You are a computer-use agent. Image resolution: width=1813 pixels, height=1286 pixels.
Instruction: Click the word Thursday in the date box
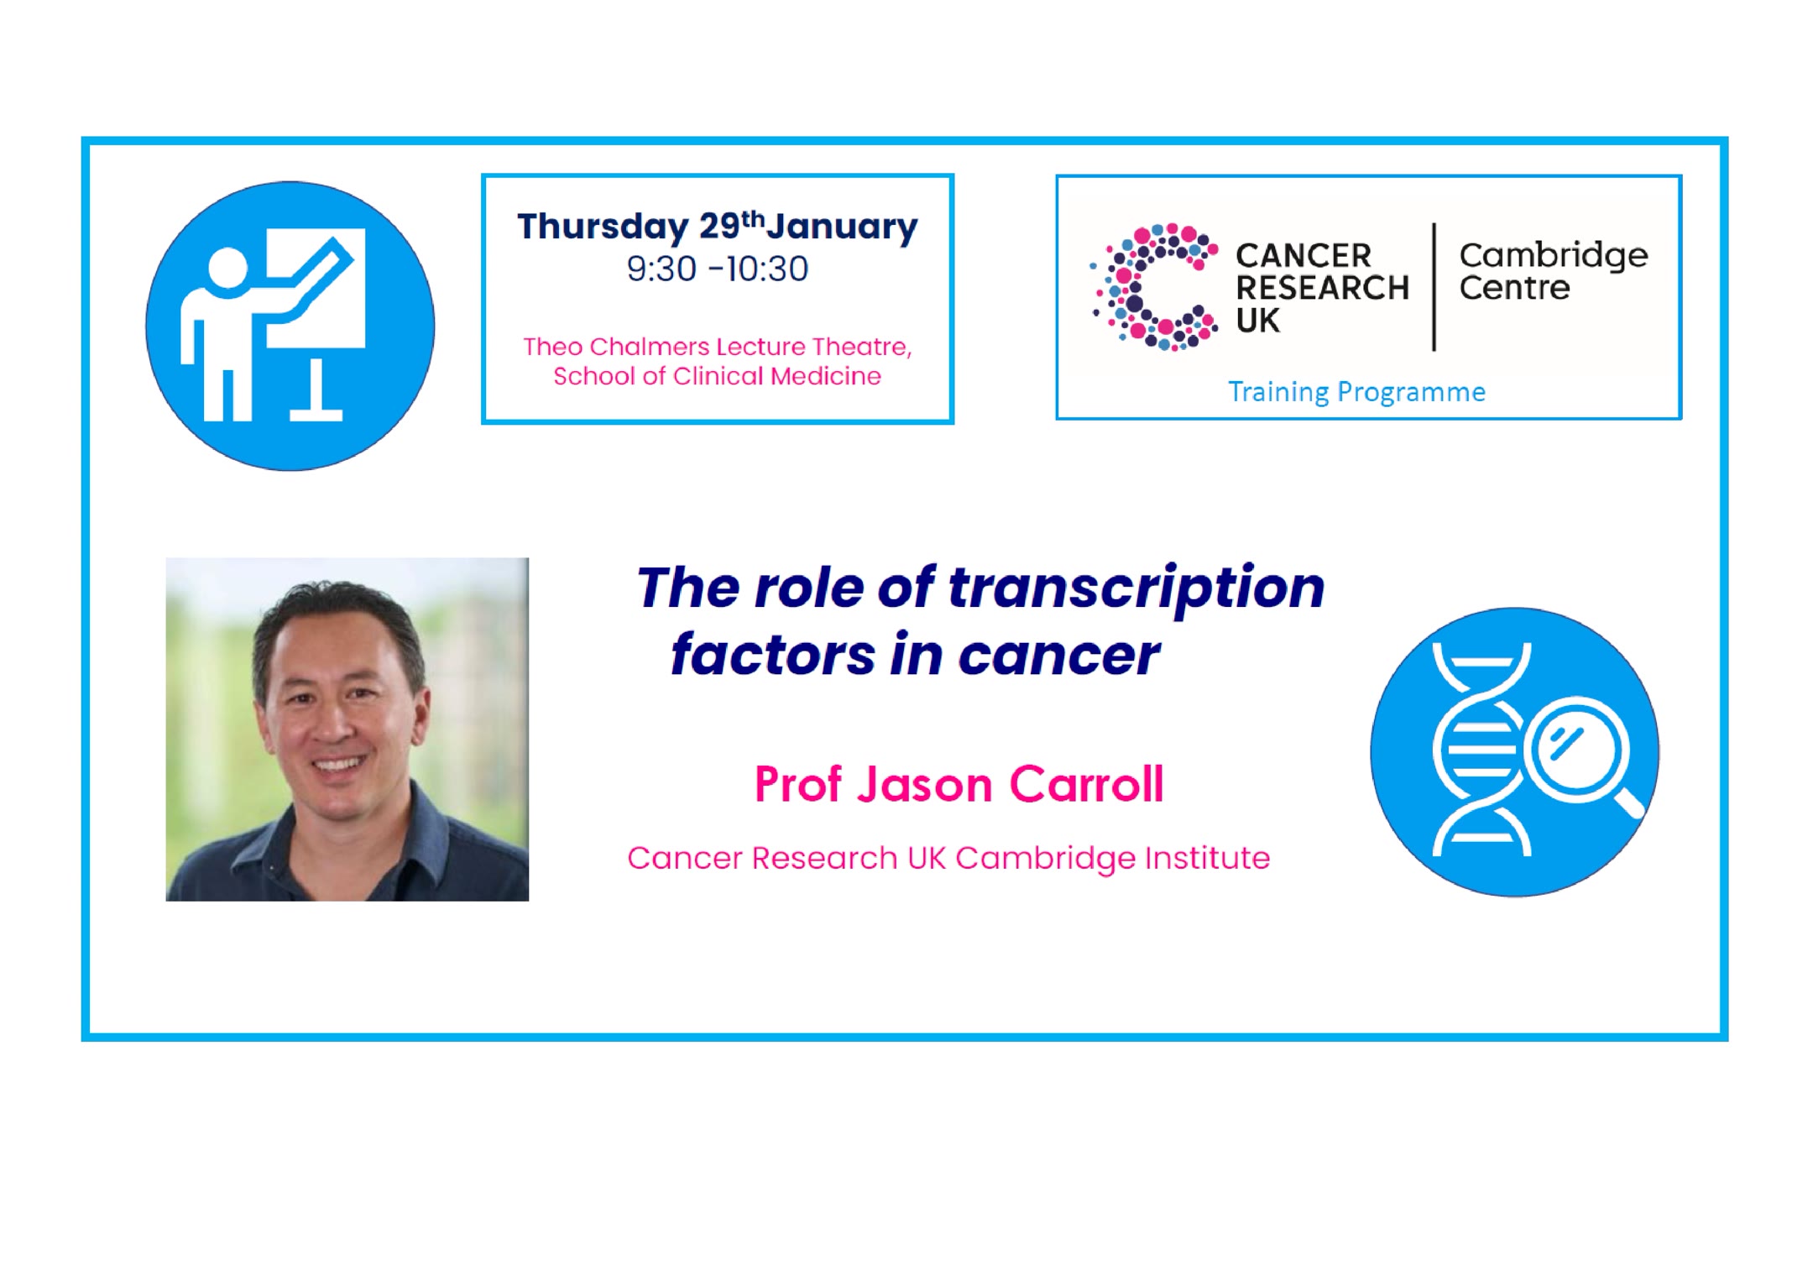coord(603,227)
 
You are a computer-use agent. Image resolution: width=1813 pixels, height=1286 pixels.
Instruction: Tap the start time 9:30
coord(661,269)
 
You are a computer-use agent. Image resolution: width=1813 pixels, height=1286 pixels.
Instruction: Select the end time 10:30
coord(767,269)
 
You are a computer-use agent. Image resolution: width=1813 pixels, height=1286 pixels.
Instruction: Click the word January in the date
coord(842,227)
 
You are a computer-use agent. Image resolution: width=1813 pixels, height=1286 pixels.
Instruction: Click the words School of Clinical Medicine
coord(717,376)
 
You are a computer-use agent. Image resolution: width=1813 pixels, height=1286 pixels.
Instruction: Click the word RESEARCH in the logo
coord(1322,288)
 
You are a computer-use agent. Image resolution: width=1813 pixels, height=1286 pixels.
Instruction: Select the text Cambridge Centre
coord(1553,271)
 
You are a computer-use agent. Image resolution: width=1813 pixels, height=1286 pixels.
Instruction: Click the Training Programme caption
coord(1356,392)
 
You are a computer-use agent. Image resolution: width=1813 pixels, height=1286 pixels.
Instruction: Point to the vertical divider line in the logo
coord(1434,286)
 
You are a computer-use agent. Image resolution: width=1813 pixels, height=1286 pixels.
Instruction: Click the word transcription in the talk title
coord(1136,588)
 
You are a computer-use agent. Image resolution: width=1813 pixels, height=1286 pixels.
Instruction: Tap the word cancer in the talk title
coord(1059,655)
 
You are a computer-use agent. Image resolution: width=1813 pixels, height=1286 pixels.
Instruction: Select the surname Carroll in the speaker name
coord(1086,785)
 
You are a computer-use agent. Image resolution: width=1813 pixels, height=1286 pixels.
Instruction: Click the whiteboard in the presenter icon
coord(316,288)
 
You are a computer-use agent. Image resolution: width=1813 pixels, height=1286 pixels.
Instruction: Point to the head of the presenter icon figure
coord(227,269)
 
